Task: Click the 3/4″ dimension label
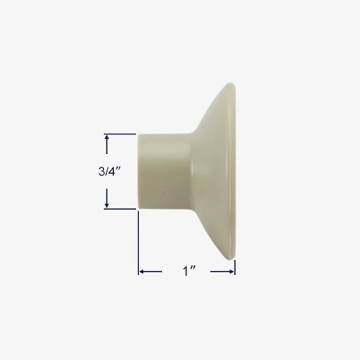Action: pos(109,171)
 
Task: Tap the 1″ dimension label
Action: pos(189,271)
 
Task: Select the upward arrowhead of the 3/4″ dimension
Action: pos(107,138)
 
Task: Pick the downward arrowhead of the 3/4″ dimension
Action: pos(107,205)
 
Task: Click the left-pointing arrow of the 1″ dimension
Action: pos(150,272)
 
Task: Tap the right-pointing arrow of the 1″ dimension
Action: pos(222,272)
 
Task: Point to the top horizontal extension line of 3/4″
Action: pos(120,134)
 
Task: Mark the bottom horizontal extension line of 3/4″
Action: pos(120,209)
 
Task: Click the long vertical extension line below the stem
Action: pos(138,243)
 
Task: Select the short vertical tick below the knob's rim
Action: pos(235,267)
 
